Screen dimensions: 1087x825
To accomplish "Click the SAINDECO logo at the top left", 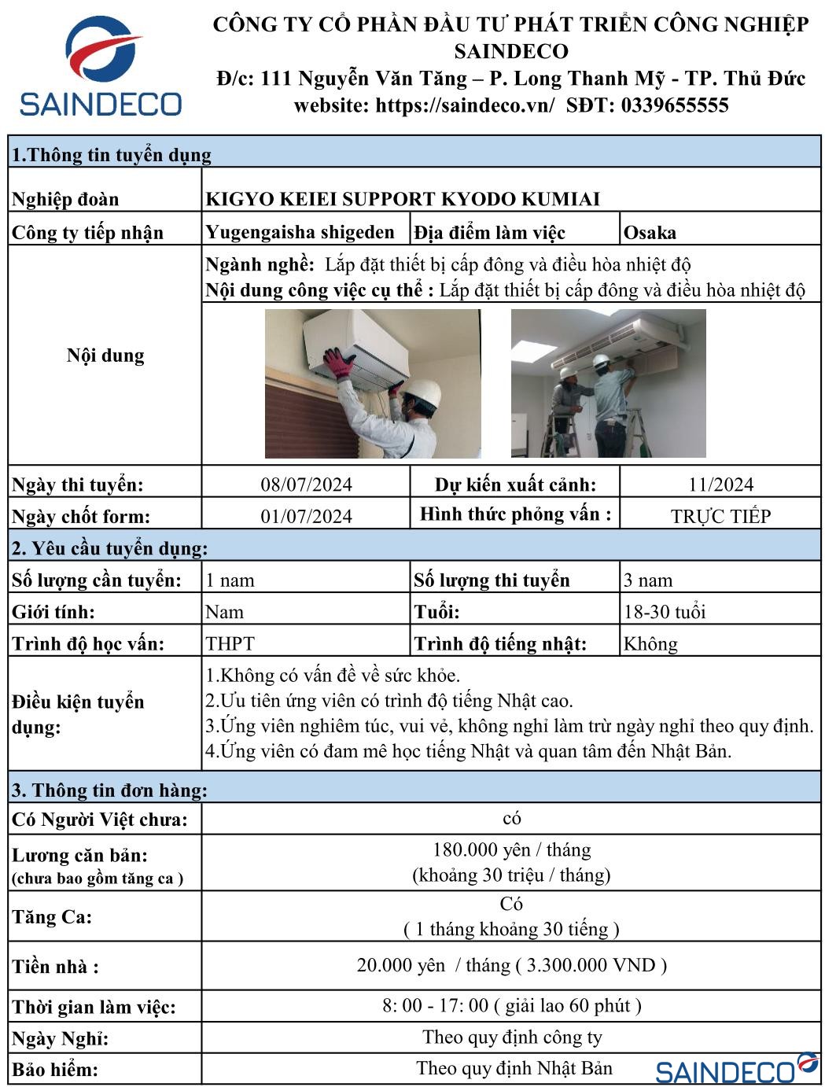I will tap(101, 69).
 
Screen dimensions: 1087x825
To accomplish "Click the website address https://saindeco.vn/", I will tap(464, 105).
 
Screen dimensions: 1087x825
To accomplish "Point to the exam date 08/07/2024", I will tap(306, 485).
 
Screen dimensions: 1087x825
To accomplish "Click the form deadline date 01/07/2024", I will tap(306, 516).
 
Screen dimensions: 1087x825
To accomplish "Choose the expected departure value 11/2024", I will tap(720, 485).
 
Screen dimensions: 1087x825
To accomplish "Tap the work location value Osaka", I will tap(650, 233).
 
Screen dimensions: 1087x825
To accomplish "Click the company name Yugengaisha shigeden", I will tap(300, 232).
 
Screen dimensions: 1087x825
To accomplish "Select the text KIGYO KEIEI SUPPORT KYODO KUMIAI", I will tap(402, 199).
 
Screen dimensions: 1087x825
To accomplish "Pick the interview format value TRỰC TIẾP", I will tap(720, 517).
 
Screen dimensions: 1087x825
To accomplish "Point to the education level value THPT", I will tap(230, 644).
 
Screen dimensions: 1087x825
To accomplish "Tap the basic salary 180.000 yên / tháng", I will tap(511, 850).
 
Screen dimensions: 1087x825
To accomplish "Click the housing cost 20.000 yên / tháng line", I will tap(511, 965).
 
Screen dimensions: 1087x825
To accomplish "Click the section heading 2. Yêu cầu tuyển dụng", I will tap(109, 548).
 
